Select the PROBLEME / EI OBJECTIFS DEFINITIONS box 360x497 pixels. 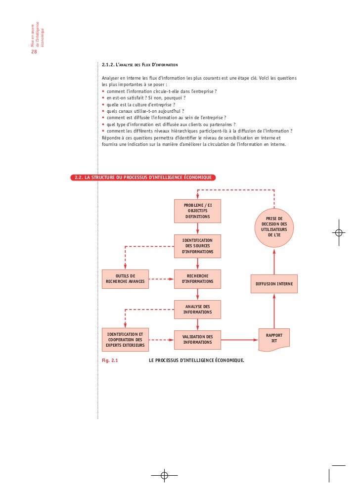coord(197,211)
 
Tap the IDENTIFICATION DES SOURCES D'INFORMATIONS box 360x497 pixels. coord(197,246)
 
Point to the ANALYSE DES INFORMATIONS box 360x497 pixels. coord(197,310)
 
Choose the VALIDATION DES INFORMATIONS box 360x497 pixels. coord(197,340)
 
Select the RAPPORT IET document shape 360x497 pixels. coord(274,339)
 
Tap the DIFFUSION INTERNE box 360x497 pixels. coord(274,284)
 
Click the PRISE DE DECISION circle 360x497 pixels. coord(274,228)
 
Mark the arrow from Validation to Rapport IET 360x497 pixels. coord(240,340)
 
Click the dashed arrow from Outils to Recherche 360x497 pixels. coord(161,279)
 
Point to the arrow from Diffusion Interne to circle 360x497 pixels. coord(274,261)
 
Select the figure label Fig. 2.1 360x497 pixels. coord(110,361)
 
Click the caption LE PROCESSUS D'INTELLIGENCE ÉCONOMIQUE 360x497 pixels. coord(196,361)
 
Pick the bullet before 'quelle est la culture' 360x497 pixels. coord(103,105)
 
